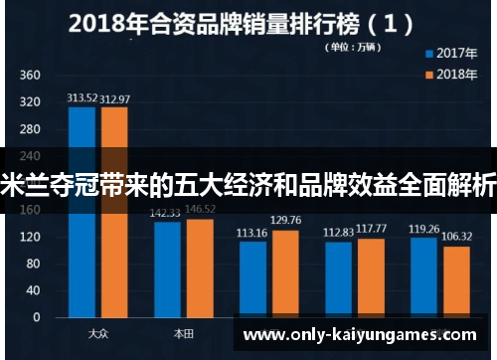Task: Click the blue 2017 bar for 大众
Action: (82, 249)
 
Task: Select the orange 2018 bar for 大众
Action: (114, 249)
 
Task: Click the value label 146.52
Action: (200, 210)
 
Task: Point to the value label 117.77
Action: (371, 228)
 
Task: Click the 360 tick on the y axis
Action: (30, 75)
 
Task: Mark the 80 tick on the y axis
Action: (33, 264)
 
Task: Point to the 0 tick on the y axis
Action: (36, 317)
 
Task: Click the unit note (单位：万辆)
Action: (354, 47)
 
